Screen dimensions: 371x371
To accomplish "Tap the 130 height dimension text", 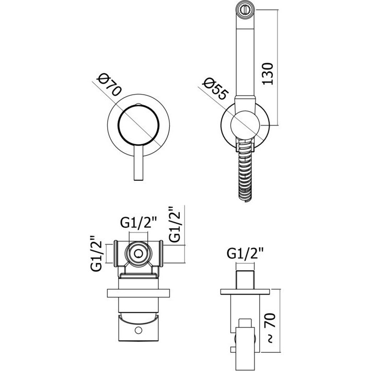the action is [x=268, y=74].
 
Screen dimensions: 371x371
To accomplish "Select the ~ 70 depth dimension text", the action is [x=270, y=328].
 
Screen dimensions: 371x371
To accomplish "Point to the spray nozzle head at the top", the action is [x=246, y=10].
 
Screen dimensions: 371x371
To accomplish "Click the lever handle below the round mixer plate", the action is [x=138, y=163].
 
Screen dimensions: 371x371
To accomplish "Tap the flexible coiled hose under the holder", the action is [x=245, y=175].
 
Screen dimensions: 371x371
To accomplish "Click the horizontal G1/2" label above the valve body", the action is [x=138, y=223].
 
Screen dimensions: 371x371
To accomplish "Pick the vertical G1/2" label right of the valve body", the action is [x=176, y=224].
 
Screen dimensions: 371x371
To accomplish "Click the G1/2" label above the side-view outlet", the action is [x=245, y=254].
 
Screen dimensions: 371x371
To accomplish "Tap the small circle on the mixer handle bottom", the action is [x=138, y=330].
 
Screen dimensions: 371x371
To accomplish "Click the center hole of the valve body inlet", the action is [x=138, y=254].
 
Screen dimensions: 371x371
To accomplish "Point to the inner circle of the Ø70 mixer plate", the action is [x=138, y=125].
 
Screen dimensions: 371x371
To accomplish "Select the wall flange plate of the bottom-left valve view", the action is [x=138, y=293].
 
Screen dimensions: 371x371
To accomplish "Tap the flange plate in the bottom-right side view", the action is [x=245, y=292].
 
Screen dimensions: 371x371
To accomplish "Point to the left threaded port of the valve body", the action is [x=115, y=253].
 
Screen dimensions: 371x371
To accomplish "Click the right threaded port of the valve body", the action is [x=161, y=253].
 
